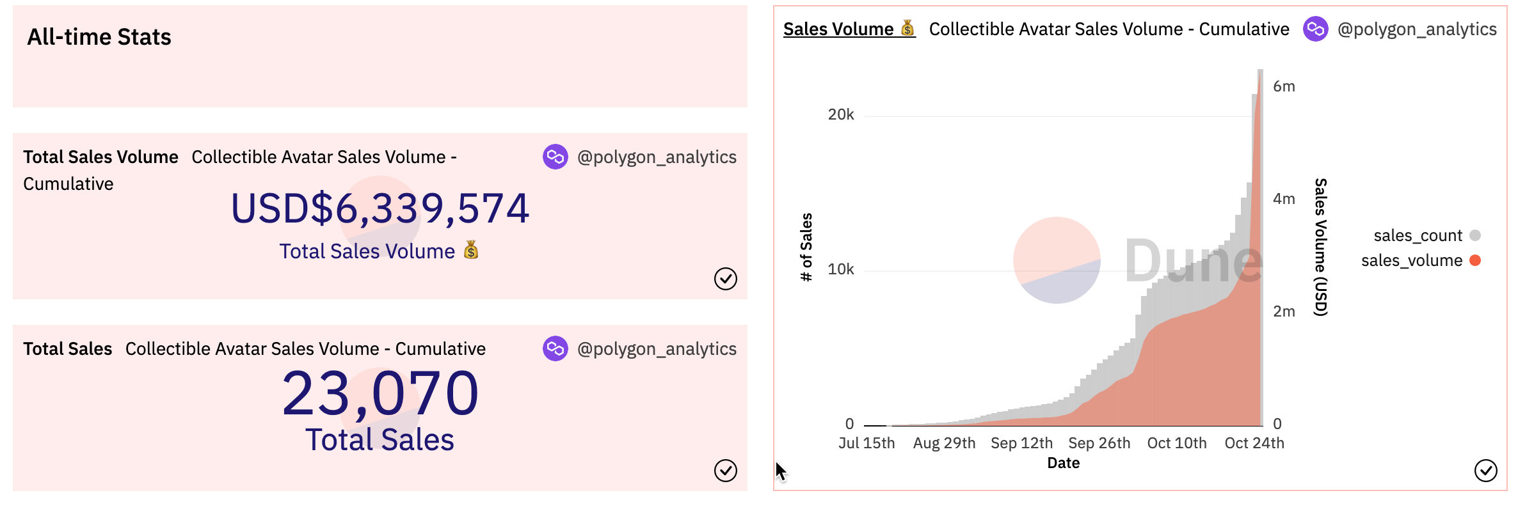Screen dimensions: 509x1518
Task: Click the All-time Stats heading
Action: click(x=99, y=37)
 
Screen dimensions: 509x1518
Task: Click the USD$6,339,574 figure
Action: click(x=380, y=208)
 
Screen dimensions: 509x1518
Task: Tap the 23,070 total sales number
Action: click(x=380, y=393)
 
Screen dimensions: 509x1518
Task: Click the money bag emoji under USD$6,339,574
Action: click(x=471, y=250)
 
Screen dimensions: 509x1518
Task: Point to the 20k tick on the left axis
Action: click(x=840, y=115)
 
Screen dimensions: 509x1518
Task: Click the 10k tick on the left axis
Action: click(x=840, y=270)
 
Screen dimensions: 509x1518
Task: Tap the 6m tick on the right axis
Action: click(x=1284, y=87)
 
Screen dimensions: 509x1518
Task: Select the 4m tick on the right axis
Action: click(x=1284, y=199)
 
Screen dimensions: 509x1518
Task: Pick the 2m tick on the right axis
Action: click(x=1284, y=311)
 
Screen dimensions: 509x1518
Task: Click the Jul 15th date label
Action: click(x=867, y=443)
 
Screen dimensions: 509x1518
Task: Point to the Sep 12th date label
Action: click(x=1021, y=443)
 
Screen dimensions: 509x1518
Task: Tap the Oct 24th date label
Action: click(x=1254, y=443)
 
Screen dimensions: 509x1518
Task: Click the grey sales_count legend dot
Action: click(x=1475, y=235)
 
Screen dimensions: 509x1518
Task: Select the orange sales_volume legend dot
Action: click(x=1475, y=260)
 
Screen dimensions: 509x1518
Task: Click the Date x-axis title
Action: click(x=1063, y=463)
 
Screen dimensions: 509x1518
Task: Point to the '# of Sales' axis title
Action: click(x=806, y=247)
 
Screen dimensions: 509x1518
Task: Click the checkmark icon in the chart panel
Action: click(x=1485, y=471)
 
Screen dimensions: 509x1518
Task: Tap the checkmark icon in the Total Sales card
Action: click(x=725, y=471)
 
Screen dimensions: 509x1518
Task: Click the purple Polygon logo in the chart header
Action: click(x=1316, y=29)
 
